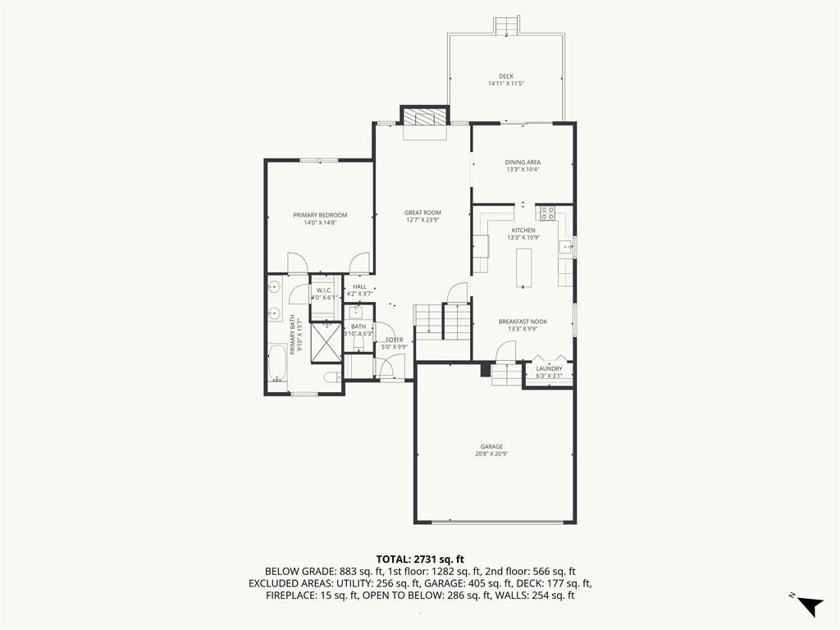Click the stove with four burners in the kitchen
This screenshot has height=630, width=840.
click(x=547, y=214)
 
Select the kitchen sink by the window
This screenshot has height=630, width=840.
click(x=564, y=247)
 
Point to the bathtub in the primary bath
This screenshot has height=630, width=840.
click(x=277, y=363)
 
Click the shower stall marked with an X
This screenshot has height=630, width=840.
click(x=326, y=343)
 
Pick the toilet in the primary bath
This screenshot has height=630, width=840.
click(x=333, y=377)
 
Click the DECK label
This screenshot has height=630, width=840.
click(x=505, y=76)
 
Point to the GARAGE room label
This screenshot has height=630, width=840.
click(x=491, y=447)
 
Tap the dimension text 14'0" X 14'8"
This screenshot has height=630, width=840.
click(x=320, y=222)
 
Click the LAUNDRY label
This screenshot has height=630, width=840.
click(x=549, y=368)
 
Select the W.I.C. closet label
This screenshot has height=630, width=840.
click(x=324, y=290)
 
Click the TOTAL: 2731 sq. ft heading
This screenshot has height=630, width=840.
click(x=420, y=559)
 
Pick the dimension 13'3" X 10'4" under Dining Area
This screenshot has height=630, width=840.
click(x=523, y=169)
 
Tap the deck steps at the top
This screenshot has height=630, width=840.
click(x=506, y=25)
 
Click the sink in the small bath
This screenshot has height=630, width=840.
click(x=356, y=312)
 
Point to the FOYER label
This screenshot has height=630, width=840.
click(x=395, y=340)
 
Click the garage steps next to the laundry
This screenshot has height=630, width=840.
click(x=507, y=374)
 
